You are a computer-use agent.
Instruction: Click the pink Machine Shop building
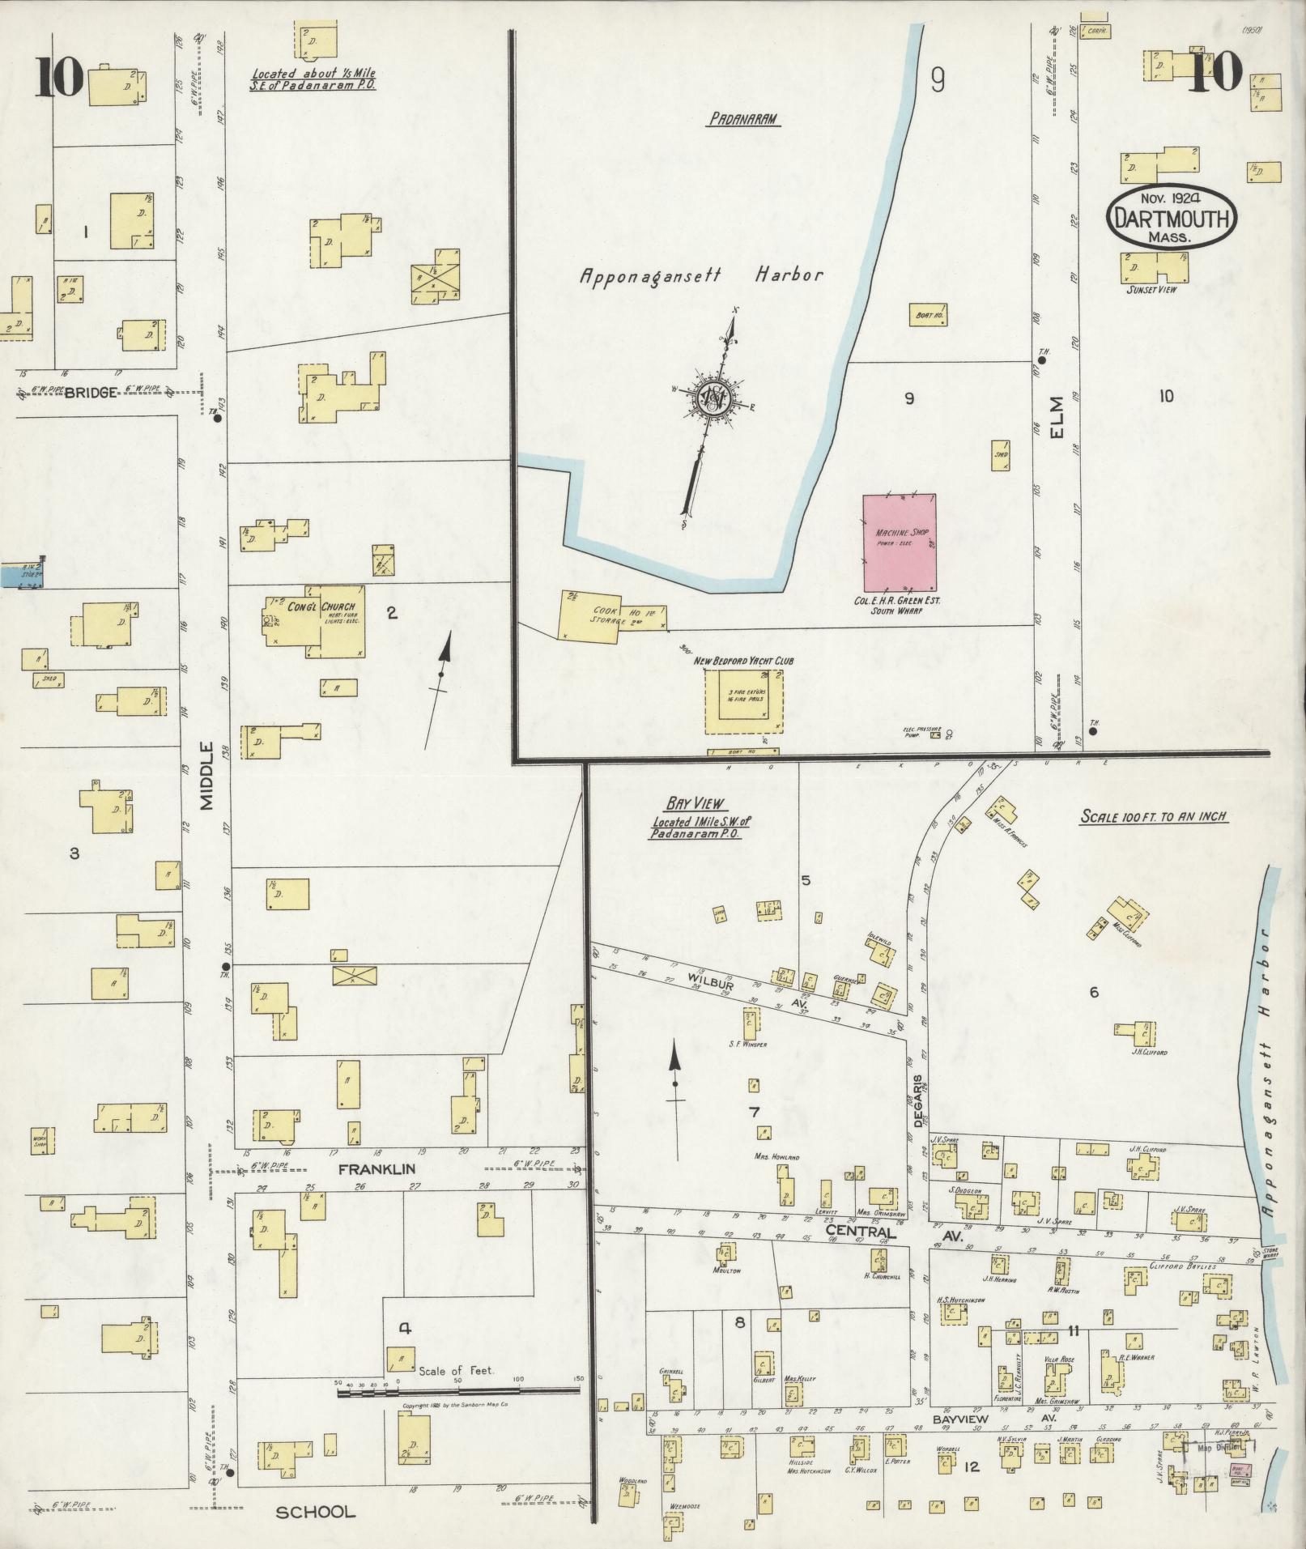click(899, 543)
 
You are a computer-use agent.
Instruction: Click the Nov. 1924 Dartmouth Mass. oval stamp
click(1172, 217)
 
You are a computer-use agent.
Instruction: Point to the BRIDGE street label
click(91, 392)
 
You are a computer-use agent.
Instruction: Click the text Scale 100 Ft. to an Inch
click(1154, 817)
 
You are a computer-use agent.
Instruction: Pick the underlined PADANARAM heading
click(742, 119)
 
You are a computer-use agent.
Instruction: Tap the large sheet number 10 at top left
click(58, 79)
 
